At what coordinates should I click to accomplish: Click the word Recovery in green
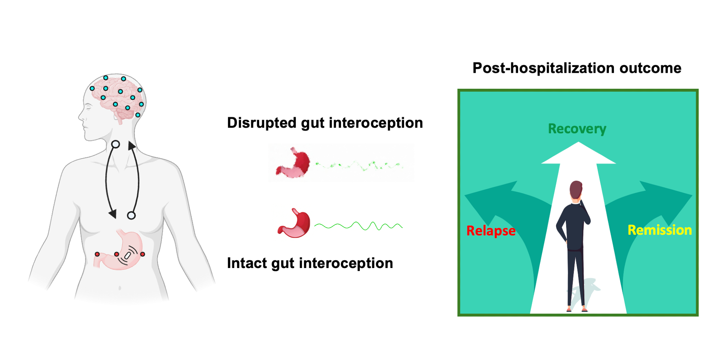click(x=577, y=129)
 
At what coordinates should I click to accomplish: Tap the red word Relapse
click(x=491, y=231)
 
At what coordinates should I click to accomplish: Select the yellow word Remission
click(x=660, y=230)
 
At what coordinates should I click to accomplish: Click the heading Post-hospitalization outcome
click(x=577, y=68)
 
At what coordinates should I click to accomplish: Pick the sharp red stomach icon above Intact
click(x=295, y=223)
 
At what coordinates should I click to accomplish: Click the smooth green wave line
click(x=358, y=226)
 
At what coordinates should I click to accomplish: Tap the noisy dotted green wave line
click(x=358, y=166)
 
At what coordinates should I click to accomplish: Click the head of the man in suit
click(x=576, y=189)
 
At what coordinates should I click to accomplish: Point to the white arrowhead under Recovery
click(x=578, y=154)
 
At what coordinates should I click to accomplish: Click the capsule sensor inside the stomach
click(x=127, y=256)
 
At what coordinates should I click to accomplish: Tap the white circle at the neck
click(x=115, y=145)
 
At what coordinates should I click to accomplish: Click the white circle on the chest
click(x=131, y=215)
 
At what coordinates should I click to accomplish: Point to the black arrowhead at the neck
click(x=132, y=146)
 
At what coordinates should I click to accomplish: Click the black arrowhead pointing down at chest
click(x=113, y=214)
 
